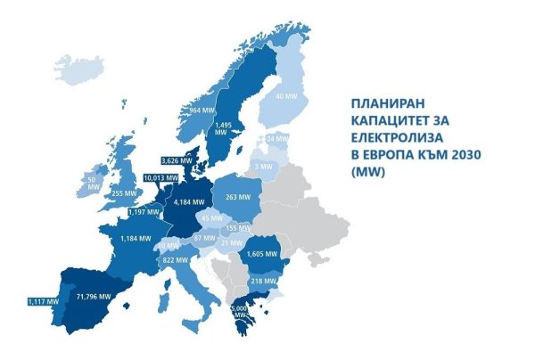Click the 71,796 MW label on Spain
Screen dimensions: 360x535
94,296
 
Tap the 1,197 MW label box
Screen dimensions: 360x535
141,213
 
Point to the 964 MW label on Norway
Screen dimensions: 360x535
202,110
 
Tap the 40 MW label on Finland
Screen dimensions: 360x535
285,95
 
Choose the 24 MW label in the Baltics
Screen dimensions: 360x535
277,140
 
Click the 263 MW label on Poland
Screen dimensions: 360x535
236,198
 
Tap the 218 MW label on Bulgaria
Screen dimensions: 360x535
263,281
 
